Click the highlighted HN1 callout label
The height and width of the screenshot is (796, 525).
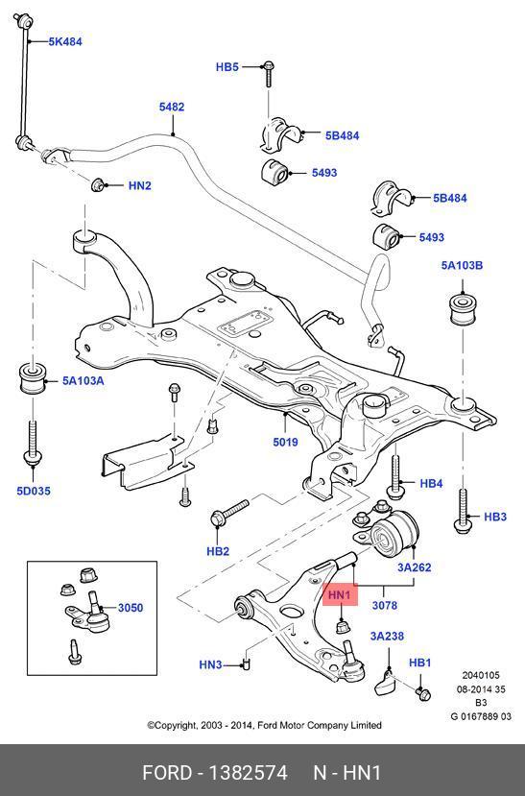click(340, 594)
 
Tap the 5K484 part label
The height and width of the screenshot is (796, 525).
click(65, 41)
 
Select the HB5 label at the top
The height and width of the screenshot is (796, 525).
click(227, 66)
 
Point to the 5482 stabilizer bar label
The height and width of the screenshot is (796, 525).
click(172, 107)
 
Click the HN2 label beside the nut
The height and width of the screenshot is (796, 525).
click(139, 185)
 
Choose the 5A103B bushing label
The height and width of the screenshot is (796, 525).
click(462, 265)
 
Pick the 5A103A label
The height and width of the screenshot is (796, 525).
click(83, 380)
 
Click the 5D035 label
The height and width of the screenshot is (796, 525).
click(34, 491)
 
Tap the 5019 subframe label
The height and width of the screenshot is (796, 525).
click(285, 442)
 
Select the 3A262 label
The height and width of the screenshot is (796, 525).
click(414, 567)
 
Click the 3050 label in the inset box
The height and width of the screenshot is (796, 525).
click(131, 607)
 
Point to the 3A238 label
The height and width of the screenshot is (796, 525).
click(387, 636)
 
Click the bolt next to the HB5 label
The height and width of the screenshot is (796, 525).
click(269, 74)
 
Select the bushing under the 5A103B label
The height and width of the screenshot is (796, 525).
click(463, 308)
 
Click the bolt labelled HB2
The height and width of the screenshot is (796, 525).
click(228, 514)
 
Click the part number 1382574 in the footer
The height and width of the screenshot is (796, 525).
click(248, 773)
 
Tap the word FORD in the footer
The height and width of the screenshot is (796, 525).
click(167, 773)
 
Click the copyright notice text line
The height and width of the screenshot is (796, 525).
click(264, 725)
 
